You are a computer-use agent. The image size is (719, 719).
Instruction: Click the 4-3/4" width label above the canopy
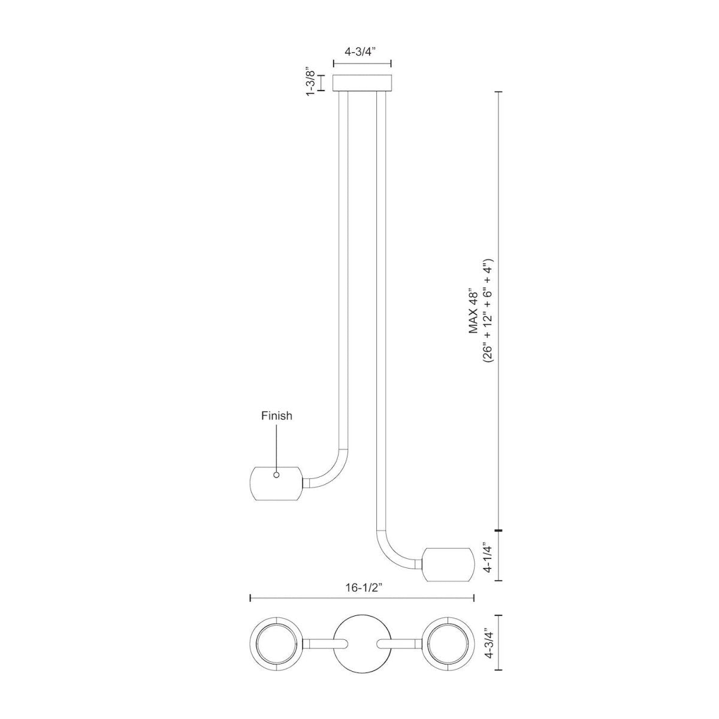pos(361,52)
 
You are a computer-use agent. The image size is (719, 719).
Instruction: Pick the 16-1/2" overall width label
pos(362,587)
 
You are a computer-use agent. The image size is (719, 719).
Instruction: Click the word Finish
pos(276,416)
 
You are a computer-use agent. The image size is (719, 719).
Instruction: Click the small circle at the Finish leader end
pos(276,475)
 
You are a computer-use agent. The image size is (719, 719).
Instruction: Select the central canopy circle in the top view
pos(362,644)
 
